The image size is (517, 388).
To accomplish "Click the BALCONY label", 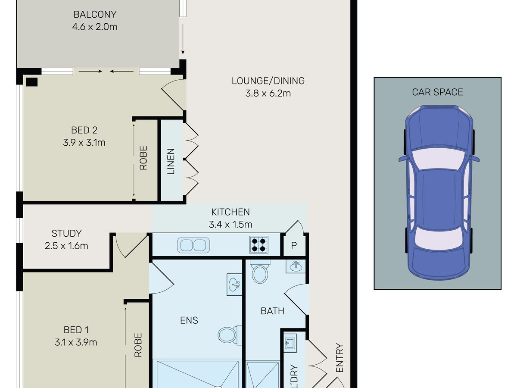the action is pos(95,14).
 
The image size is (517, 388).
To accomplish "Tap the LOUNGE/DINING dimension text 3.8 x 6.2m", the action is pos(268,93).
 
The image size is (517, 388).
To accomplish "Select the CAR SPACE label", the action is pos(437,92).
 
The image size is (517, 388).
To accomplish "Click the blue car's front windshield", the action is pos(438,158).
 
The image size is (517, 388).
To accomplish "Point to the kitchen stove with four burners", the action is pos(258,244).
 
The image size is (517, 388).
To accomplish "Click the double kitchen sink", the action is pos(193,245).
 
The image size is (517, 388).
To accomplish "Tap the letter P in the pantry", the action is pos(294,245).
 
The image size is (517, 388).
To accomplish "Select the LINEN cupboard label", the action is pos(171,161).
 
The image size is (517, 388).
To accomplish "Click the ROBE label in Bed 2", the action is pos(143,158).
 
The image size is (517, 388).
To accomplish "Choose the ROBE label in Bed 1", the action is pos(138,345).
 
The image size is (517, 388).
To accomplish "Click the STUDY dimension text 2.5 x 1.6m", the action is pos(66,246).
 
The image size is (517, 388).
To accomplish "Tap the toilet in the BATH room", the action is pos(260,272).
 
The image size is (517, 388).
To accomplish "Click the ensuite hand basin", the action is pos(234,285).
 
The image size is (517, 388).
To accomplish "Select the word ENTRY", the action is pos(339,358).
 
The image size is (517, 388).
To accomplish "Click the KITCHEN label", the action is pos(230,212).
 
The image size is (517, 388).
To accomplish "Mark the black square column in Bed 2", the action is pos(31,82).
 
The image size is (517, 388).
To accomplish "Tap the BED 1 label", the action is pos(76,330).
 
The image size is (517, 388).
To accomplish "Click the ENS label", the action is pos(189,320).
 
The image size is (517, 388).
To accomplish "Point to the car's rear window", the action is pos(439,238).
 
